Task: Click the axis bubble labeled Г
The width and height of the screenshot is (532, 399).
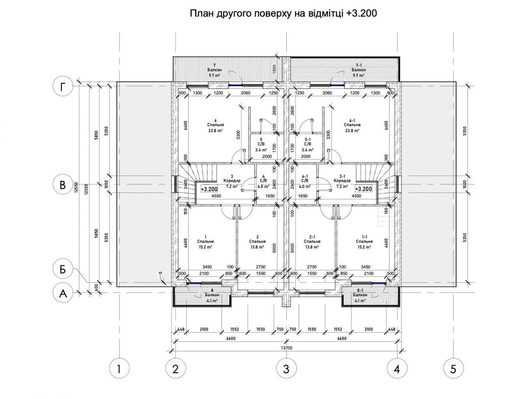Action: click(63, 86)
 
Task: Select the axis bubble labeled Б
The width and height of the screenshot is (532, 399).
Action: click(63, 269)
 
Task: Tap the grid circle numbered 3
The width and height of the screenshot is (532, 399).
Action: click(287, 369)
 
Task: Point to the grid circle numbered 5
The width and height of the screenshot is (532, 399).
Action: click(453, 369)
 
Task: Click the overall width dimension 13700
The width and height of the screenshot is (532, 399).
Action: click(287, 348)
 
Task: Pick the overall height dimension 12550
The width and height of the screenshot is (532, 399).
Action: click(77, 187)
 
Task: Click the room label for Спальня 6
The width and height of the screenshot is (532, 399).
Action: click(215, 125)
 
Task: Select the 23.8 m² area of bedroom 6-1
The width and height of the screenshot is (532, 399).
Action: click(352, 131)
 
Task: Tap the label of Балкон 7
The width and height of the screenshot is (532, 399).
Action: click(214, 70)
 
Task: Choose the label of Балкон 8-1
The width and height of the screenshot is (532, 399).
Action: click(360, 295)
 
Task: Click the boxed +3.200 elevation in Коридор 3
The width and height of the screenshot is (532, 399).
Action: click(209, 189)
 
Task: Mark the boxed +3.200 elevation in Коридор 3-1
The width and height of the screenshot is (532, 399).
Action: click(363, 189)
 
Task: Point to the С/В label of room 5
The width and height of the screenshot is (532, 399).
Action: click(261, 144)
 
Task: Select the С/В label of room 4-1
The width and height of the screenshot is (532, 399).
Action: click(305, 181)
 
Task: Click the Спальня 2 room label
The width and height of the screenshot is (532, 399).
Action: click(257, 241)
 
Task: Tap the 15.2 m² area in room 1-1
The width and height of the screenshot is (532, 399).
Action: click(364, 247)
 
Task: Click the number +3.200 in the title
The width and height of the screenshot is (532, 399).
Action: click(361, 13)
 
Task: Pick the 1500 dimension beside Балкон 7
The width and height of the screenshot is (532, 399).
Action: click(274, 69)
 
